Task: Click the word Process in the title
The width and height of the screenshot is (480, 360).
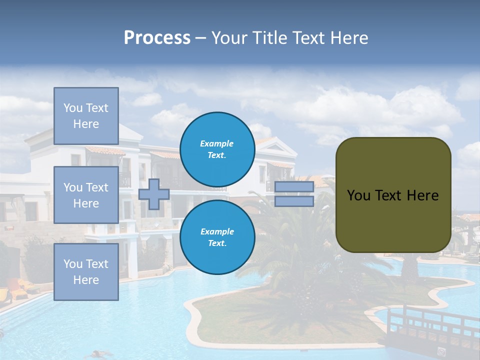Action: pos(157,38)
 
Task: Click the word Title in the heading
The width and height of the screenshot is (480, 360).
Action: pos(269,38)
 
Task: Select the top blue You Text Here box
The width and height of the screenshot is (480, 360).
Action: pos(86,116)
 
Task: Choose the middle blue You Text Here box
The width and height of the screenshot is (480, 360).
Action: pos(86,195)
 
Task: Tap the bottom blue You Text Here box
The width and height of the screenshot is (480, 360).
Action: pos(86,272)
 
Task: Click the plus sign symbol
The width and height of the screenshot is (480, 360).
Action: pos(154,194)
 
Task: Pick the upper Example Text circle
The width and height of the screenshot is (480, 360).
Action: pos(217,149)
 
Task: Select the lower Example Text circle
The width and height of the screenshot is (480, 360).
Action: pos(217,237)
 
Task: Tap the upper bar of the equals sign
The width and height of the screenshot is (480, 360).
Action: pos(294,187)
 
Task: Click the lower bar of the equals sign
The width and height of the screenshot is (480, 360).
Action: pos(294,201)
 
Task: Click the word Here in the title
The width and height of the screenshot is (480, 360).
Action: pos(348,38)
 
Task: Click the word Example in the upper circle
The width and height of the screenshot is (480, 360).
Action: pos(216,143)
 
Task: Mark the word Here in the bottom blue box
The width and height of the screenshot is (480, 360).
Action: pos(86,280)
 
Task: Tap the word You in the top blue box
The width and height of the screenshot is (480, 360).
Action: pos(72,108)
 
